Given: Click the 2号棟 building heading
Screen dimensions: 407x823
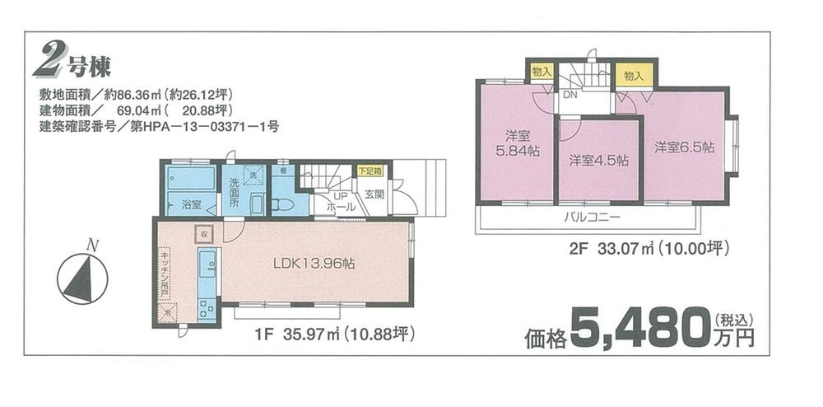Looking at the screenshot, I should (x=72, y=61).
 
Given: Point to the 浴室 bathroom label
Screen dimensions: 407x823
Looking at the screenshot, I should (x=191, y=203).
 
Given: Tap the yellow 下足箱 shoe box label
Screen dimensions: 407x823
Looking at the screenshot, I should (x=370, y=171).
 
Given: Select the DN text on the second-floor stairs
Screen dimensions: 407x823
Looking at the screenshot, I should (x=569, y=95).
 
